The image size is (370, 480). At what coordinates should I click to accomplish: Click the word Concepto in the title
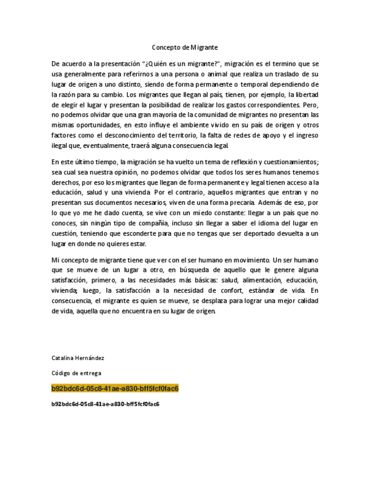(x=166, y=48)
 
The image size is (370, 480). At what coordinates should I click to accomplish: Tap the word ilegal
(x=59, y=145)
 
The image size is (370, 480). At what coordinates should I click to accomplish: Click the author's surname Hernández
(x=90, y=358)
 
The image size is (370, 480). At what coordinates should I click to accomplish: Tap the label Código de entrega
(x=76, y=373)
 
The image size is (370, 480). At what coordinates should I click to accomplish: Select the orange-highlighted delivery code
(x=115, y=389)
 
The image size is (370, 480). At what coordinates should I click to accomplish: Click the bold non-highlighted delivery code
(x=105, y=404)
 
